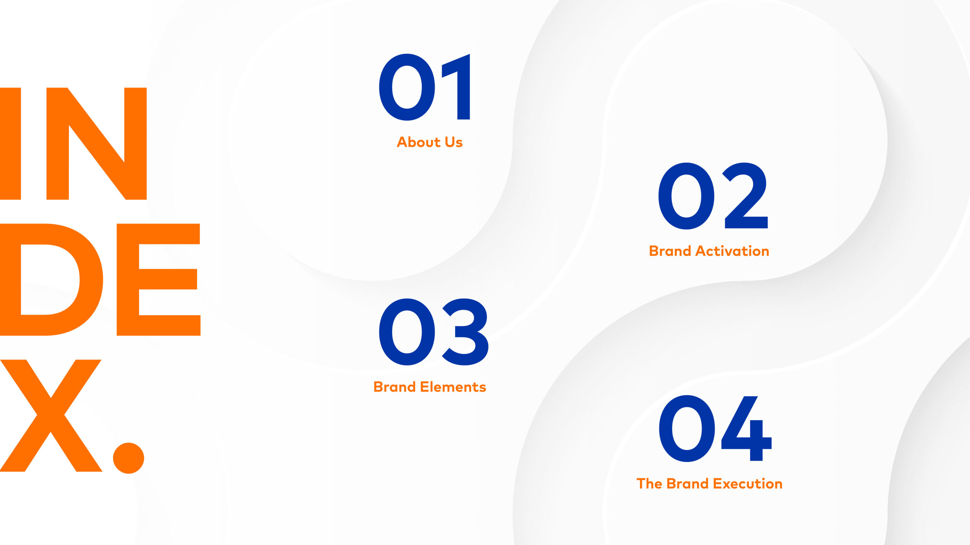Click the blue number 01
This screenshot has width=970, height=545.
(424, 87)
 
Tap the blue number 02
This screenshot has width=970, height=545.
(713, 196)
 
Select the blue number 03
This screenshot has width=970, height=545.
(433, 332)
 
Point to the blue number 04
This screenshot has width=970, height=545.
(715, 428)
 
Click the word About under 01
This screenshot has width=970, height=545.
(419, 142)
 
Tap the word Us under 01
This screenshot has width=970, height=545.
(454, 142)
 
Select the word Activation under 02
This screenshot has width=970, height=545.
(732, 251)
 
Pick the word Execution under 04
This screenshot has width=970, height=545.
(748, 484)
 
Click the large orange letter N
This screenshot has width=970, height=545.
(97, 143)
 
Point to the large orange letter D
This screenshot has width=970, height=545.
(52, 280)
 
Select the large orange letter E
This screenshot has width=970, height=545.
(158, 280)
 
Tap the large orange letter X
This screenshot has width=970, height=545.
(51, 416)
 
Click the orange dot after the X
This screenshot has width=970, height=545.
(129, 458)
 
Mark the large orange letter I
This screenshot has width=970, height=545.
(10, 143)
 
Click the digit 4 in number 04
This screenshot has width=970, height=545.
(746, 428)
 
